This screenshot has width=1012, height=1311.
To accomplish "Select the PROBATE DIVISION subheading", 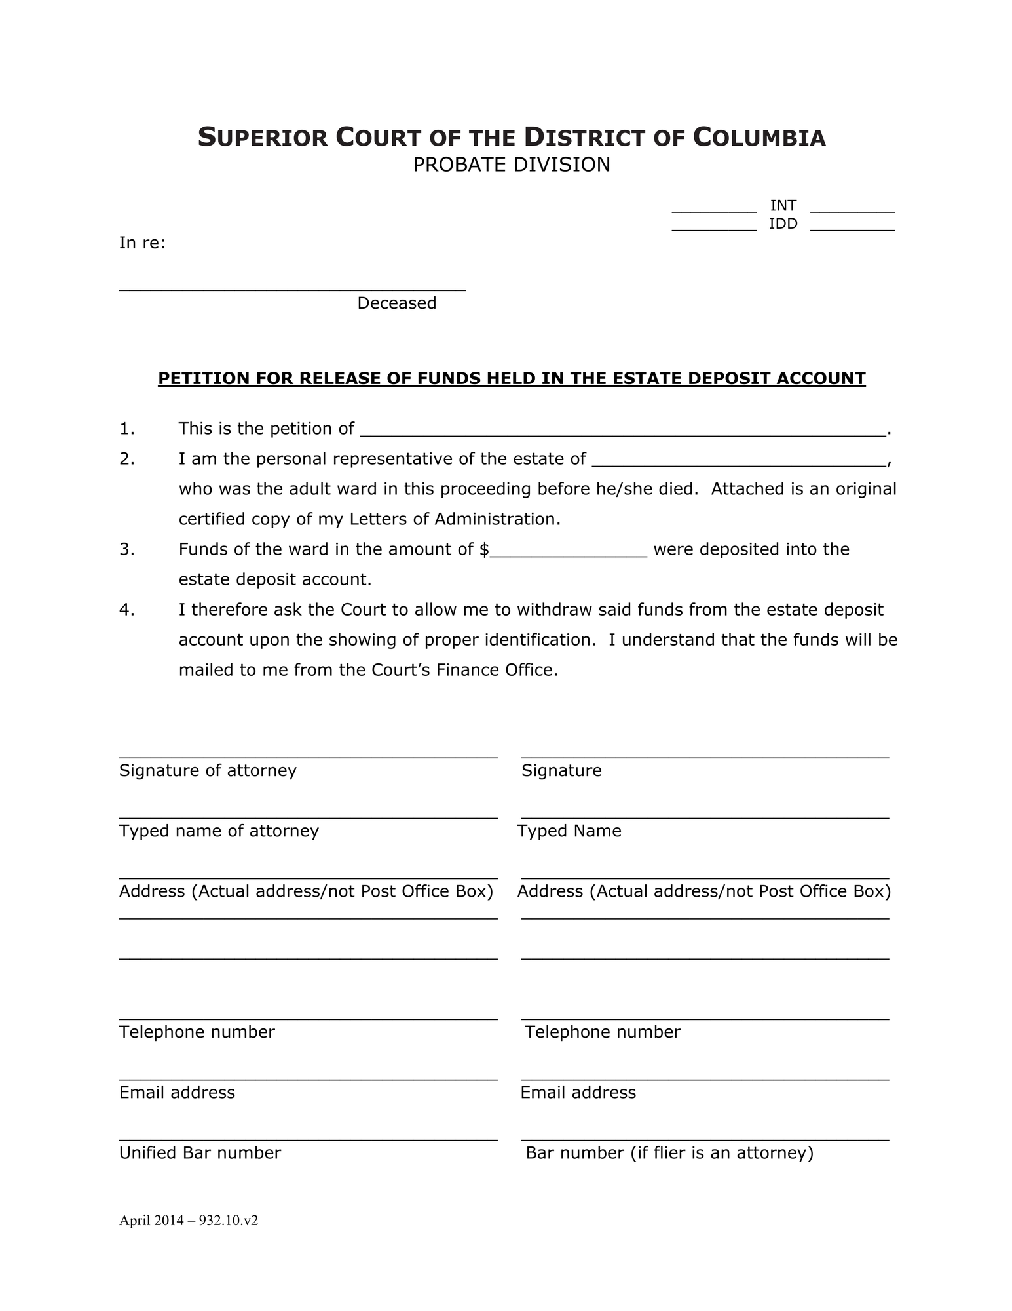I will (x=511, y=165).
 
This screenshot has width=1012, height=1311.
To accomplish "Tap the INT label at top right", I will (x=783, y=206).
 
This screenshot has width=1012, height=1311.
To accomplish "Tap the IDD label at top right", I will (x=783, y=224).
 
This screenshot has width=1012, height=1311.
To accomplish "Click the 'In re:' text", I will (x=142, y=243).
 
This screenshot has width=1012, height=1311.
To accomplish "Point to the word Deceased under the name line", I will (x=396, y=303).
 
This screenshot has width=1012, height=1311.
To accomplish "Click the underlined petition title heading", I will (x=512, y=378).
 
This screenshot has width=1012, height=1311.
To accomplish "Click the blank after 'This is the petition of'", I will (x=622, y=430).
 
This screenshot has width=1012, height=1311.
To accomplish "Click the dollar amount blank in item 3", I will (x=569, y=551).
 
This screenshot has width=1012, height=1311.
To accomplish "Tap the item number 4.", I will (x=127, y=610).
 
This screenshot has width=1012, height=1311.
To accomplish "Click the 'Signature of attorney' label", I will (x=208, y=770).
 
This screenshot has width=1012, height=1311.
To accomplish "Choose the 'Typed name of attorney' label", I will (x=219, y=831).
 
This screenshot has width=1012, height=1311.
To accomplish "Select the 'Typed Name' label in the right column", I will (x=569, y=831).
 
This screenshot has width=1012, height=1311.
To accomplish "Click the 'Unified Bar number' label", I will (x=200, y=1153).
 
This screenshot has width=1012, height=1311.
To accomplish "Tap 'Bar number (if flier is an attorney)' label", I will (x=669, y=1153).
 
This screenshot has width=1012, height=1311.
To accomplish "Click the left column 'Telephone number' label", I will (x=197, y=1032).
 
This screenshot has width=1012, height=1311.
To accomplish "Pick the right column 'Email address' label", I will (x=578, y=1093).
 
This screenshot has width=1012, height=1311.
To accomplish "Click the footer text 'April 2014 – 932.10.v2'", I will (x=189, y=1221).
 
